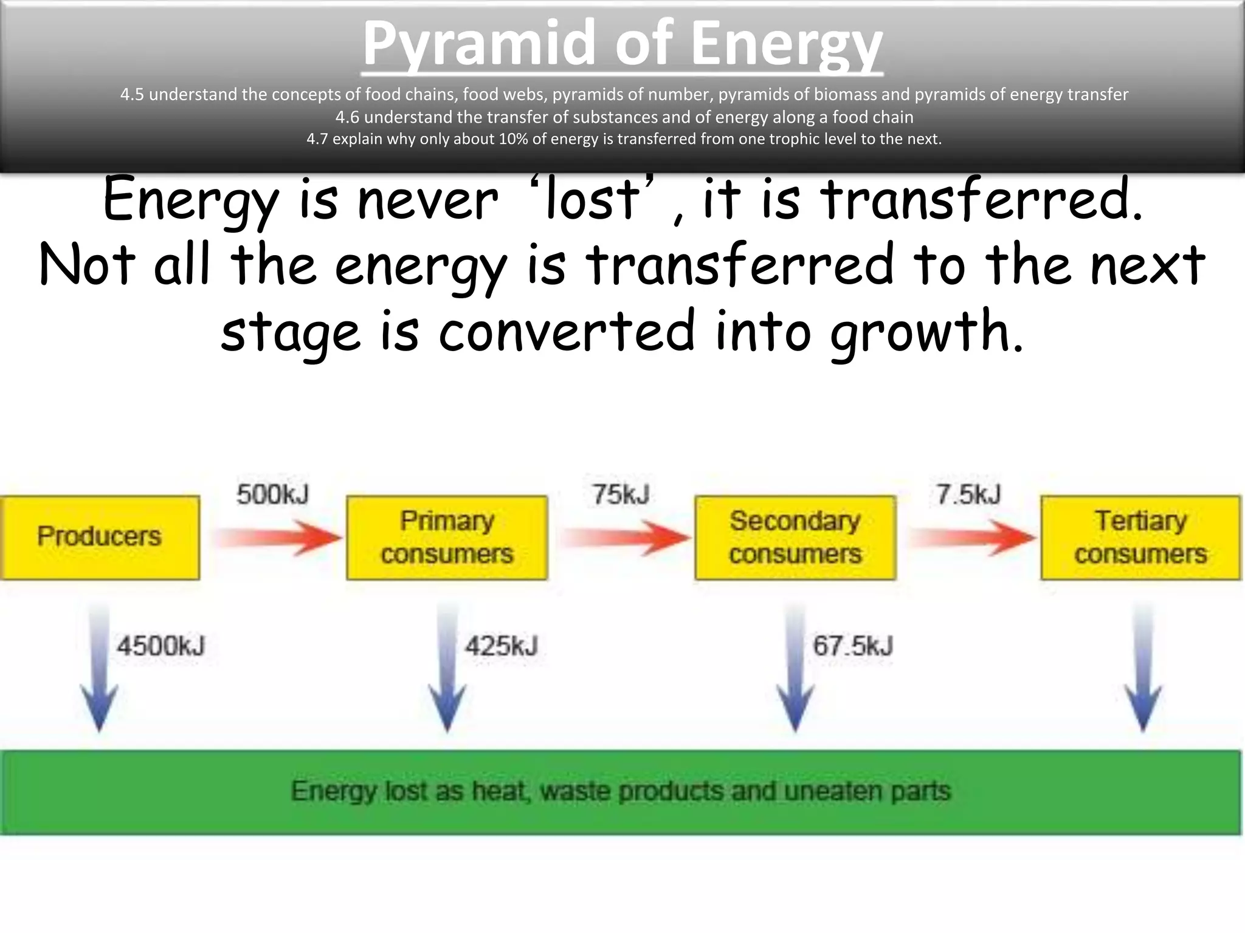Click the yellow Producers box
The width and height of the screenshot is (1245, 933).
coord(100,537)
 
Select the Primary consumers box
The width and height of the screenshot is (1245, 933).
coord(447,537)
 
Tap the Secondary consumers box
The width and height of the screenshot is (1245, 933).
coord(795,537)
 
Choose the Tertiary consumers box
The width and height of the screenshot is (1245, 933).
coord(1140,537)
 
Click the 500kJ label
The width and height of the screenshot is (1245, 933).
coord(272,494)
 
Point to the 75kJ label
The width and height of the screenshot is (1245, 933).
coord(621,494)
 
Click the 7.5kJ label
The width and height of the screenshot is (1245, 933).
coord(968,494)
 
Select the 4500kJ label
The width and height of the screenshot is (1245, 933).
coord(161,646)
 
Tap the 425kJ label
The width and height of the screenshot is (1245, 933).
coord(502,646)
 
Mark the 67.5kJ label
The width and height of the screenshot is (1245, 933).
coord(853,646)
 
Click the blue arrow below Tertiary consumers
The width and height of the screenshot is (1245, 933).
coord(1143,668)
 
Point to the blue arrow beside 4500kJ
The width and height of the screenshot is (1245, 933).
coord(99,668)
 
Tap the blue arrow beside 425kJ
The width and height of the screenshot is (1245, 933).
coord(447,668)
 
